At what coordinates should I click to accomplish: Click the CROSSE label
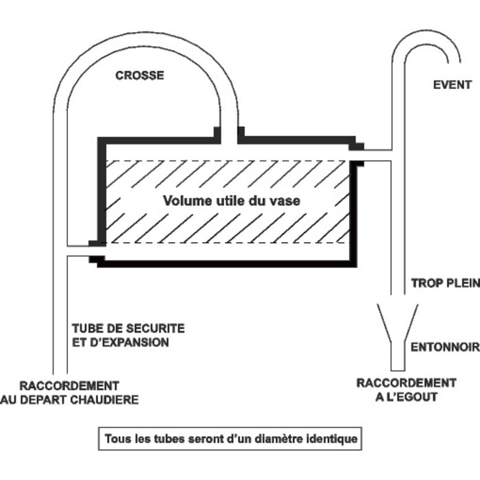139,75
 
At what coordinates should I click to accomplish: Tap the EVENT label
452,85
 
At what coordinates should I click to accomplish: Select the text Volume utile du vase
232,201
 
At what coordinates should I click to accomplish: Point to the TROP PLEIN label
444,283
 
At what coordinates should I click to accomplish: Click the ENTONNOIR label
444,348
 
